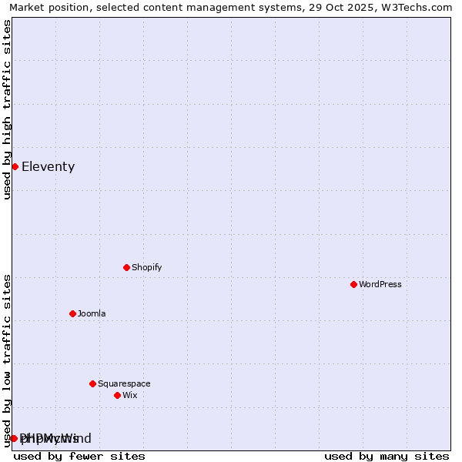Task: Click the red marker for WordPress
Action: click(353, 284)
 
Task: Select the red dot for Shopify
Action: click(126, 267)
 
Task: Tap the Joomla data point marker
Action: click(72, 313)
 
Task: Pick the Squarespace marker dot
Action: click(92, 383)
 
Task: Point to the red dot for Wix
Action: click(117, 395)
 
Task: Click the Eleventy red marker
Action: click(15, 166)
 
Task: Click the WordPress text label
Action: click(380, 284)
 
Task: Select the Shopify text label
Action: click(147, 267)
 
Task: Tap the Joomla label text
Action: click(92, 313)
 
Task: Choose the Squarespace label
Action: click(124, 383)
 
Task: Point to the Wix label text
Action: click(130, 395)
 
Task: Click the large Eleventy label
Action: click(49, 166)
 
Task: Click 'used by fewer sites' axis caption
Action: click(79, 456)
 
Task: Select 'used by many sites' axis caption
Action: click(387, 456)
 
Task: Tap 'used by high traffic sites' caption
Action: click(7, 109)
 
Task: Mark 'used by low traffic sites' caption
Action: click(7, 360)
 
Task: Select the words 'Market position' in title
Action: click(45, 7)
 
